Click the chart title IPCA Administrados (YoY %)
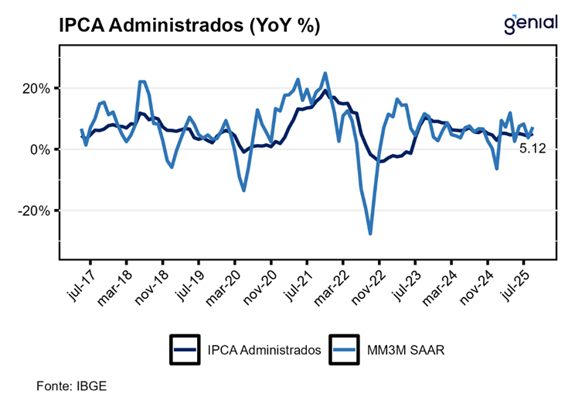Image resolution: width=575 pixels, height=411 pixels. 189,26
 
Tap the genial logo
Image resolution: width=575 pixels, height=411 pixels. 530,23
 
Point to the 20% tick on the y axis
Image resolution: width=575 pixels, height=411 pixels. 36,88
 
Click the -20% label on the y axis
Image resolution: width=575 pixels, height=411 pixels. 35,211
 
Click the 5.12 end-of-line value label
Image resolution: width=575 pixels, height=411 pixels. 532,149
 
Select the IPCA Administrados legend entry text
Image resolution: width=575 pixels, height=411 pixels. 264,350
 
